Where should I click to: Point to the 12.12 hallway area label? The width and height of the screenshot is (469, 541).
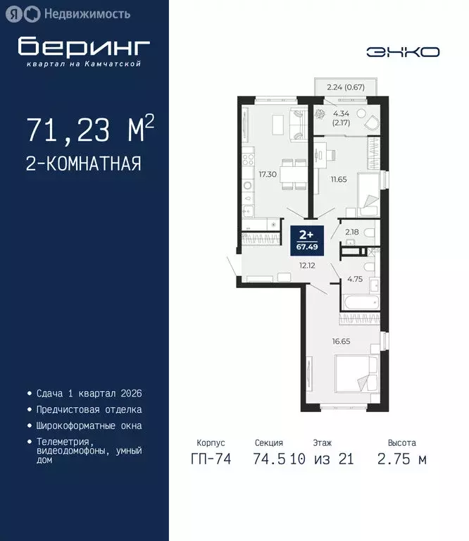pyautogui.click(x=306, y=266)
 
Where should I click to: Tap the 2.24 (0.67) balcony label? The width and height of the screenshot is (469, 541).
pyautogui.click(x=345, y=88)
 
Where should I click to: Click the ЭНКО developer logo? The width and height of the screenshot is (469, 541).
pyautogui.click(x=403, y=51)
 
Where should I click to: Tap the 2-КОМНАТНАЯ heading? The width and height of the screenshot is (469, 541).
pyautogui.click(x=83, y=163)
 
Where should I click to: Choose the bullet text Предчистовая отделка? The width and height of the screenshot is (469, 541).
pyautogui.click(x=89, y=409)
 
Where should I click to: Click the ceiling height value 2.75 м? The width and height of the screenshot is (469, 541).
pyautogui.click(x=401, y=459)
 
